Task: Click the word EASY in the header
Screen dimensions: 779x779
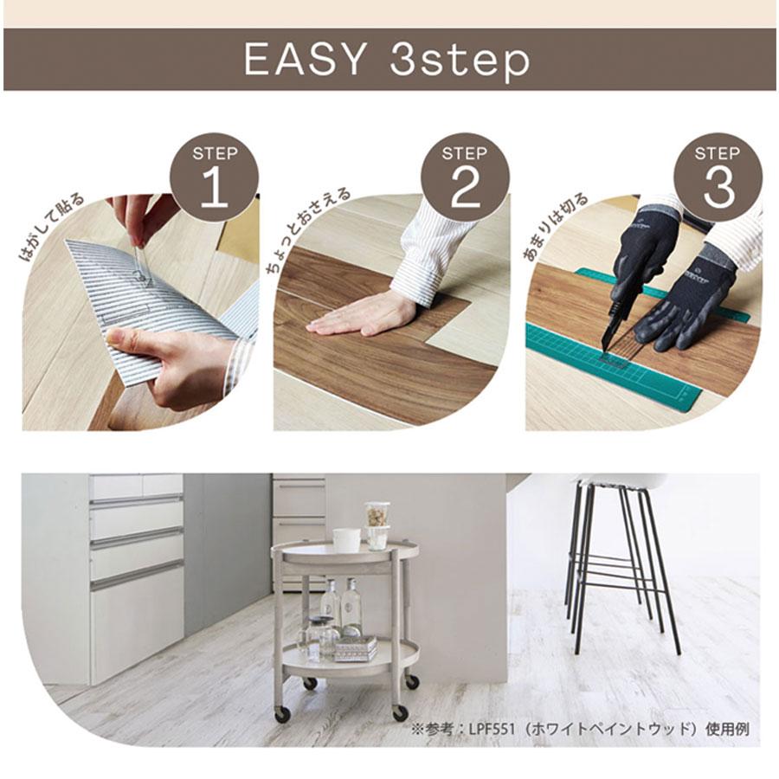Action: tap(305, 59)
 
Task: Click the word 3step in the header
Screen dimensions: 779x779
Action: tap(460, 61)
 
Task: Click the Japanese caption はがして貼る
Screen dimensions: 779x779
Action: tap(51, 228)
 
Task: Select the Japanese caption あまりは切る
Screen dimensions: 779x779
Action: tap(555, 227)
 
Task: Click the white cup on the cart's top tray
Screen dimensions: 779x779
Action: tap(345, 540)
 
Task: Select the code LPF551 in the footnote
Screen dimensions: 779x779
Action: tap(491, 730)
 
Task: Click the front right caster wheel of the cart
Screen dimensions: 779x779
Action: tap(400, 713)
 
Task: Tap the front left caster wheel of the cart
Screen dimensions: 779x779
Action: tap(282, 714)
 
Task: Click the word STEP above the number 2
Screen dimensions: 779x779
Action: tap(465, 153)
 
